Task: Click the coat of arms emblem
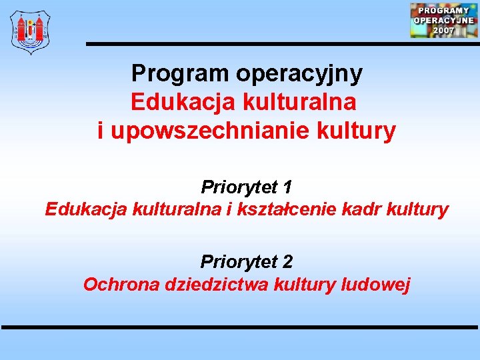30,31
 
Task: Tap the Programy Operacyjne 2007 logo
443,20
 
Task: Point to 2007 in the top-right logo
443,30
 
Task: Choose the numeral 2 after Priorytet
287,261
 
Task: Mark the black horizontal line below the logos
280,44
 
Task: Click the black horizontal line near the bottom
240,327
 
